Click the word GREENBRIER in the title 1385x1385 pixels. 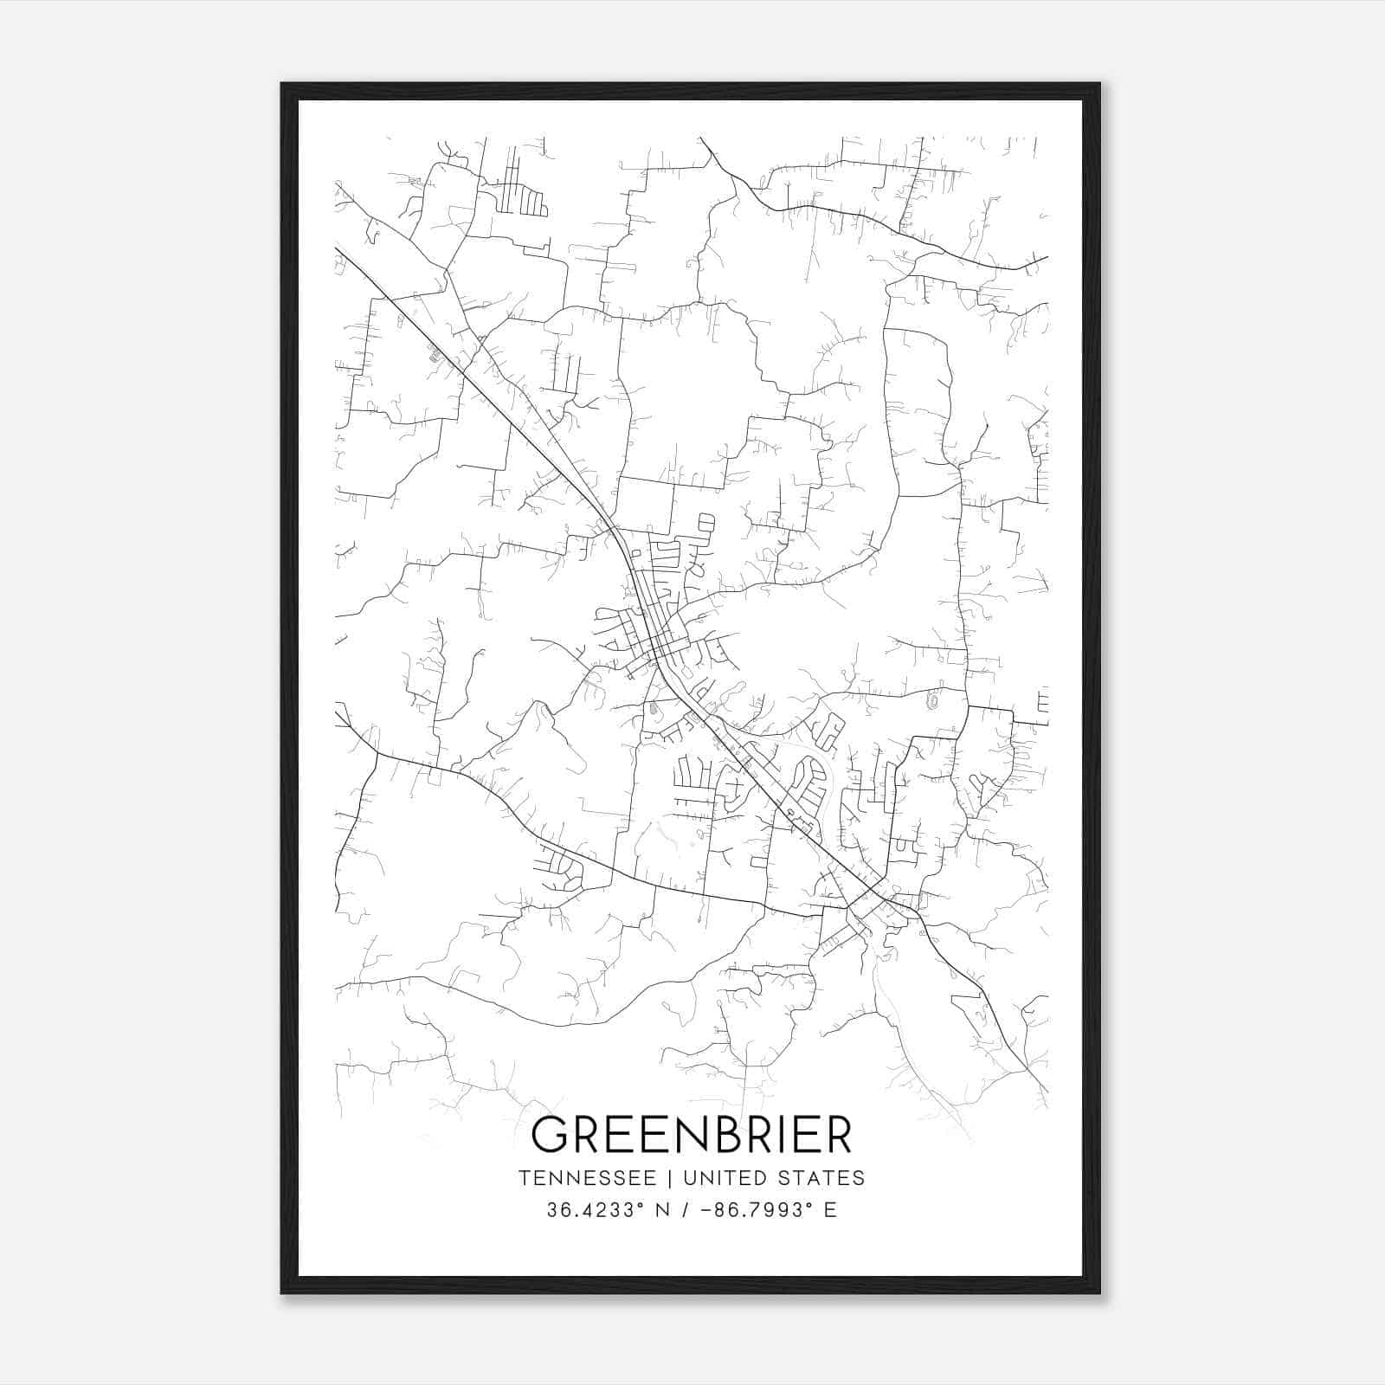[692, 1135]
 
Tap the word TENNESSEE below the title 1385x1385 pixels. [587, 1178]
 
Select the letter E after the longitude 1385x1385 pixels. [831, 1210]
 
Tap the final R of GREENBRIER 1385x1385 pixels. [838, 1135]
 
